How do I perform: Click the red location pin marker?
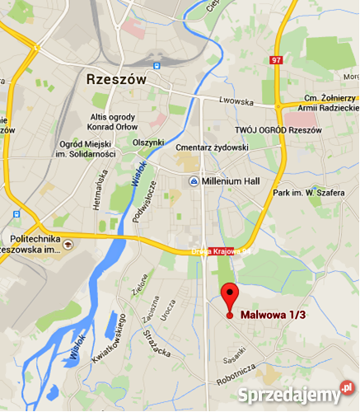pyautogui.click(x=229, y=297)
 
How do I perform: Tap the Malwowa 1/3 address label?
pyautogui.click(x=273, y=315)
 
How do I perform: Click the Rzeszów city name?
pyautogui.click(x=115, y=79)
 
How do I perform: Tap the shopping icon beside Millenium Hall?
pyautogui.click(x=193, y=181)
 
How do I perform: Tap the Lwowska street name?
pyautogui.click(x=235, y=101)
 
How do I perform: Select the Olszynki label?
pyautogui.click(x=149, y=143)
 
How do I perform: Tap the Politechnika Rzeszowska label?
pyautogui.click(x=31, y=240)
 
